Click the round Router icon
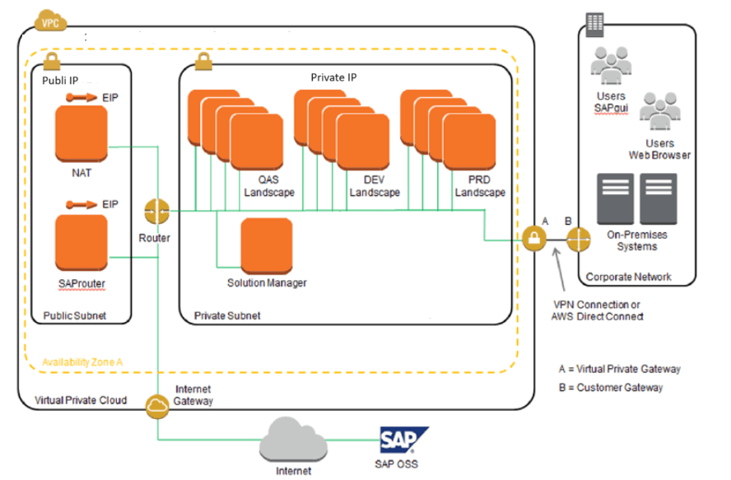click(156, 212)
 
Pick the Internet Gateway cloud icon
click(156, 404)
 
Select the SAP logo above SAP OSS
click(403, 440)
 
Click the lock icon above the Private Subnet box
click(202, 61)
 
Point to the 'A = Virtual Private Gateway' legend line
click(619, 369)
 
